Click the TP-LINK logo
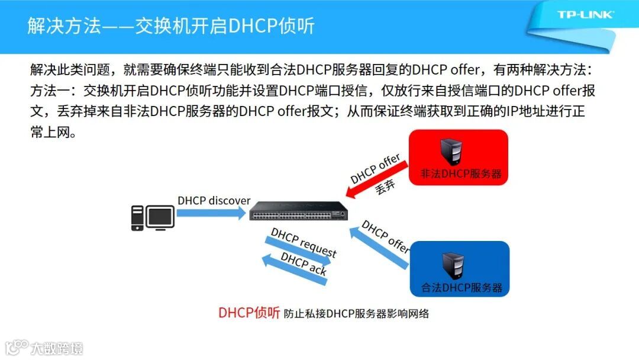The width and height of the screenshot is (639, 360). pos(585,15)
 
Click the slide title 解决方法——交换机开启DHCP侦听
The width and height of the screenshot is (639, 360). pos(171,26)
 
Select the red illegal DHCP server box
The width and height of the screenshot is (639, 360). pos(459,157)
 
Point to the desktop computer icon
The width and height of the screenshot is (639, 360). pos(152,218)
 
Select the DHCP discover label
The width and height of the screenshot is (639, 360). pos(214,200)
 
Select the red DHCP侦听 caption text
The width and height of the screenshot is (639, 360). pos(248,313)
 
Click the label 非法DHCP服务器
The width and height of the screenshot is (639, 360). pos(461,174)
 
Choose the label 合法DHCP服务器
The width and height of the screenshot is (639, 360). pos(461,288)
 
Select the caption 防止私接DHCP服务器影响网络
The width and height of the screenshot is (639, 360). pos(356,314)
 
